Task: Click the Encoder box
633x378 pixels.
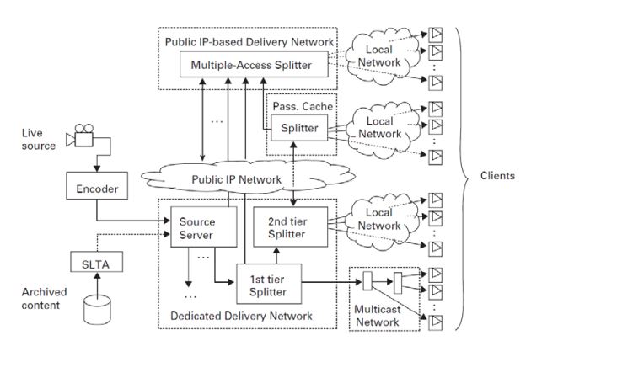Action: [x=97, y=189]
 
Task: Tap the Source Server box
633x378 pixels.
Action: [x=196, y=227]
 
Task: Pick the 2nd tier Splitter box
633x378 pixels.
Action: [x=287, y=227]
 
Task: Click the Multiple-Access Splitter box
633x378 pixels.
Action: [x=250, y=65]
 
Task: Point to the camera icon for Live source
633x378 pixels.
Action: [x=83, y=135]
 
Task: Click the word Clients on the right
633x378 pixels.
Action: [x=497, y=176]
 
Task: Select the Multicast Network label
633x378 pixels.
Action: [x=376, y=317]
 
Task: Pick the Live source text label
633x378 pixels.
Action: [x=39, y=140]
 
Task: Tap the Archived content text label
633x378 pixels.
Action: [x=40, y=299]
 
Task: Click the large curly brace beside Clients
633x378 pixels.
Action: [x=461, y=176]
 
